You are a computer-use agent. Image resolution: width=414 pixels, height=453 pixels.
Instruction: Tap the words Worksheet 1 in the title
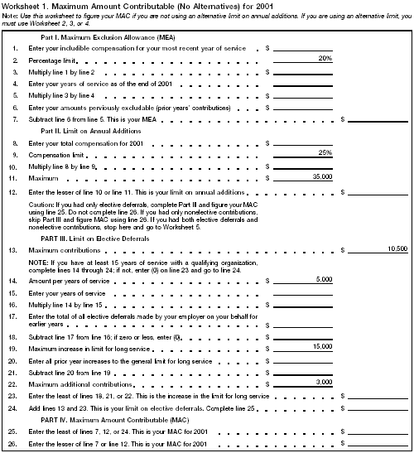(x=22, y=7)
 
